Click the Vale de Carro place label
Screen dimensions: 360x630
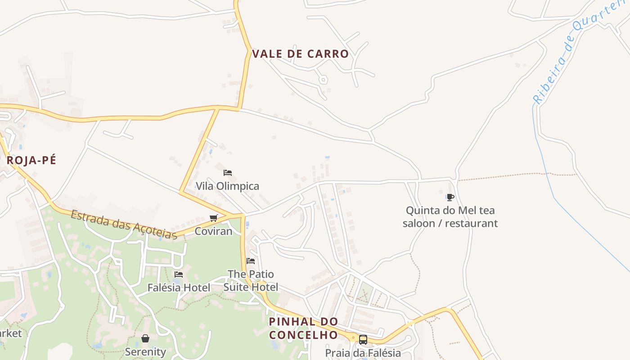pos(300,54)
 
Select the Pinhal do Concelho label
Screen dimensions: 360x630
pos(303,328)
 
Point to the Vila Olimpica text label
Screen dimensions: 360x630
pos(227,186)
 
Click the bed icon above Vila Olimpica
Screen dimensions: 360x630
pos(228,173)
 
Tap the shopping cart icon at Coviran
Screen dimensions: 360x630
pos(213,218)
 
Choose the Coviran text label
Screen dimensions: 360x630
pos(213,231)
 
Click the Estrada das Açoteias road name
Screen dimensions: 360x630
pos(124,224)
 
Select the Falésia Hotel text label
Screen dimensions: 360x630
pos(179,287)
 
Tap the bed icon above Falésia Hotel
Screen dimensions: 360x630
pos(179,274)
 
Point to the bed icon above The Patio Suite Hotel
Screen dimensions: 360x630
pos(251,261)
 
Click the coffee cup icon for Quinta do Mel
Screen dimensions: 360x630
pos(450,197)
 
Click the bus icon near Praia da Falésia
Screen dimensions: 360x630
pos(363,340)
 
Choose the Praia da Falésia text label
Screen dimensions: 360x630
pos(363,353)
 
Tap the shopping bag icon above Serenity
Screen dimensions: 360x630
pos(145,338)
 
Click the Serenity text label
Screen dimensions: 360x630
pos(145,351)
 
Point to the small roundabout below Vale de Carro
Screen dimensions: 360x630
pos(323,80)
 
